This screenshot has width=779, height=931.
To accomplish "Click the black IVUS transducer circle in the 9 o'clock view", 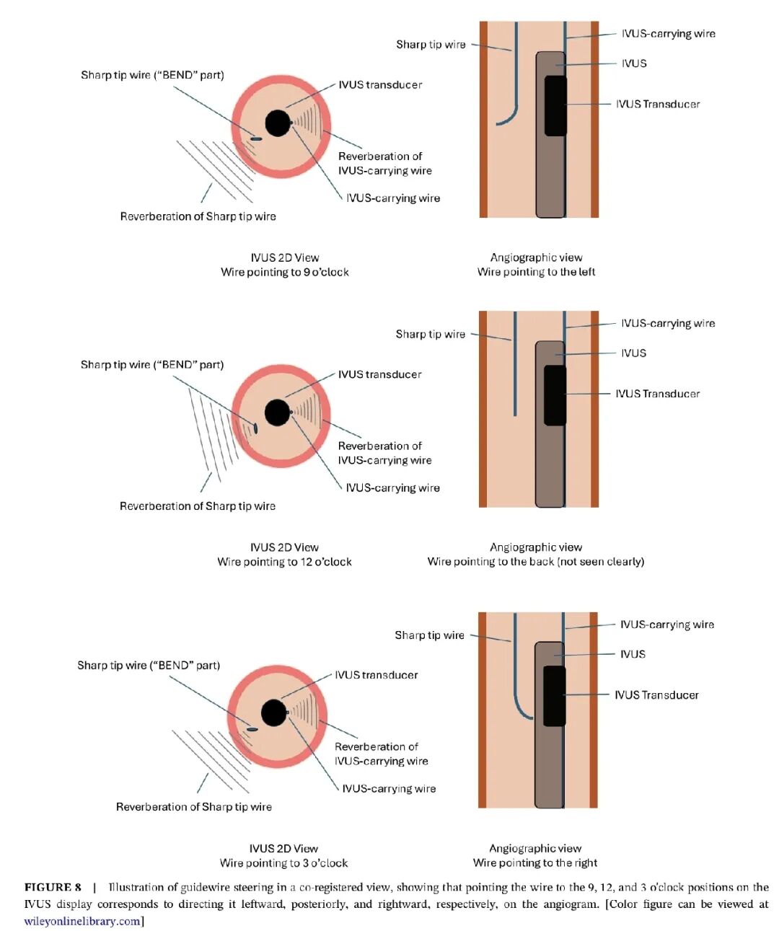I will (277, 123).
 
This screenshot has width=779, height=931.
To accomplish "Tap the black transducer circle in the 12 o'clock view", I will (277, 412).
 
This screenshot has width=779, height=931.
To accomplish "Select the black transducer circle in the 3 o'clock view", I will (273, 713).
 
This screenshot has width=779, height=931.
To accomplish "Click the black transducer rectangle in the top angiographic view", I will (555, 105).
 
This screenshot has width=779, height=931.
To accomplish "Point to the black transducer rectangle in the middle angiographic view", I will (555, 394).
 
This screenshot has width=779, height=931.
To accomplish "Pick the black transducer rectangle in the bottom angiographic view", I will (554, 696).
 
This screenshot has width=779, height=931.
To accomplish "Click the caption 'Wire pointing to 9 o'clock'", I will (285, 272).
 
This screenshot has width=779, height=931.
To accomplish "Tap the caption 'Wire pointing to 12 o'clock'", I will (285, 562).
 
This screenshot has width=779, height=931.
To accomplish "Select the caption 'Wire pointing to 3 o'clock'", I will (283, 863).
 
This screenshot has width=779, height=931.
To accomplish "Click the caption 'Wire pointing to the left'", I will (536, 272).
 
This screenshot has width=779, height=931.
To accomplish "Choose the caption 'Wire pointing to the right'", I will (535, 863).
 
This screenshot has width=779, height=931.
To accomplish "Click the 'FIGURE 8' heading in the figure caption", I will (53, 887).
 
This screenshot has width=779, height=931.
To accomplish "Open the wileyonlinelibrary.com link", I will (82, 921).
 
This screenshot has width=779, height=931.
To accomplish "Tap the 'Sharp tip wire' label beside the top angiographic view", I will (431, 45).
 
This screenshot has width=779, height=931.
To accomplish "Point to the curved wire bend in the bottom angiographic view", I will (521, 711).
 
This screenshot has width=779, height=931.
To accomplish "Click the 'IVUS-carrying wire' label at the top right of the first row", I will (668, 34).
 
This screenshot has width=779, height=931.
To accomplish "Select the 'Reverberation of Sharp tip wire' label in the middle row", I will (198, 506).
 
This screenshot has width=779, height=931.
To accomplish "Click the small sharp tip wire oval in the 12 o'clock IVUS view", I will (255, 428).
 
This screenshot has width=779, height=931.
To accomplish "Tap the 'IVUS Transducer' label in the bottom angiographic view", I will (656, 695).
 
